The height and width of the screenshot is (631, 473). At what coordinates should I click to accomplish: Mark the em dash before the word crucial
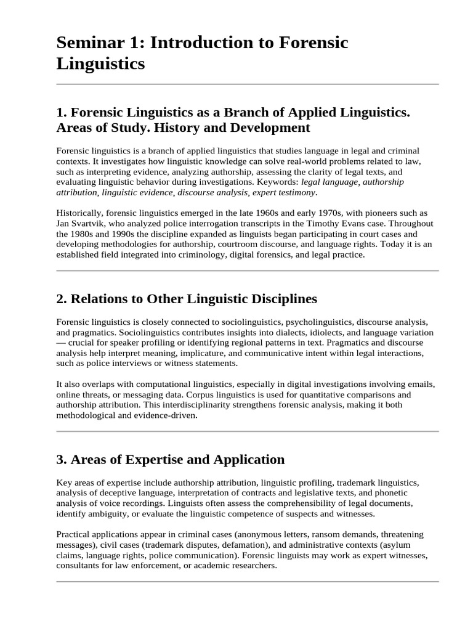tap(61, 343)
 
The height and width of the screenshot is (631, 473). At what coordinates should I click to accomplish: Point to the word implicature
tap(209, 353)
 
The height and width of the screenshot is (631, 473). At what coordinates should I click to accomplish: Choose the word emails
tap(421, 383)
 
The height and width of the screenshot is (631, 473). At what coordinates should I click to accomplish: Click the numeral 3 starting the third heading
tap(60, 459)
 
